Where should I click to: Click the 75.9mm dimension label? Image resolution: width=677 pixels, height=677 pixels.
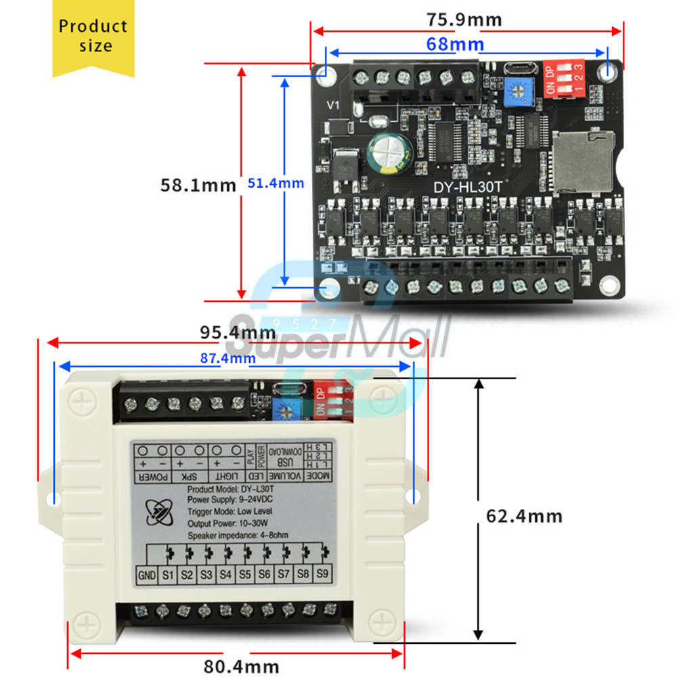tap(464, 20)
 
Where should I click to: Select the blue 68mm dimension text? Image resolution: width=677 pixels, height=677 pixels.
tap(455, 45)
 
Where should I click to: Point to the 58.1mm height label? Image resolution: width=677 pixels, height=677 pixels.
tap(198, 184)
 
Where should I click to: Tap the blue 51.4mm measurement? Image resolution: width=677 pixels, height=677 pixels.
tap(276, 183)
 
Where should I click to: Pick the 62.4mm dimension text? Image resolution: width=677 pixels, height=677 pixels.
tap(524, 516)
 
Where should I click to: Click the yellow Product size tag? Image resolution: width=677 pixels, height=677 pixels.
tap(93, 37)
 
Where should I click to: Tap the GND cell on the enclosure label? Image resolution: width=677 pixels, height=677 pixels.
tap(147, 575)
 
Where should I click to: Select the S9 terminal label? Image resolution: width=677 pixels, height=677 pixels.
tap(323, 575)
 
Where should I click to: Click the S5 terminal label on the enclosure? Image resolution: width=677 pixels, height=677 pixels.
tap(245, 575)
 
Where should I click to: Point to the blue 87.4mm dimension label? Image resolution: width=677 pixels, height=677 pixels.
tap(227, 357)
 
